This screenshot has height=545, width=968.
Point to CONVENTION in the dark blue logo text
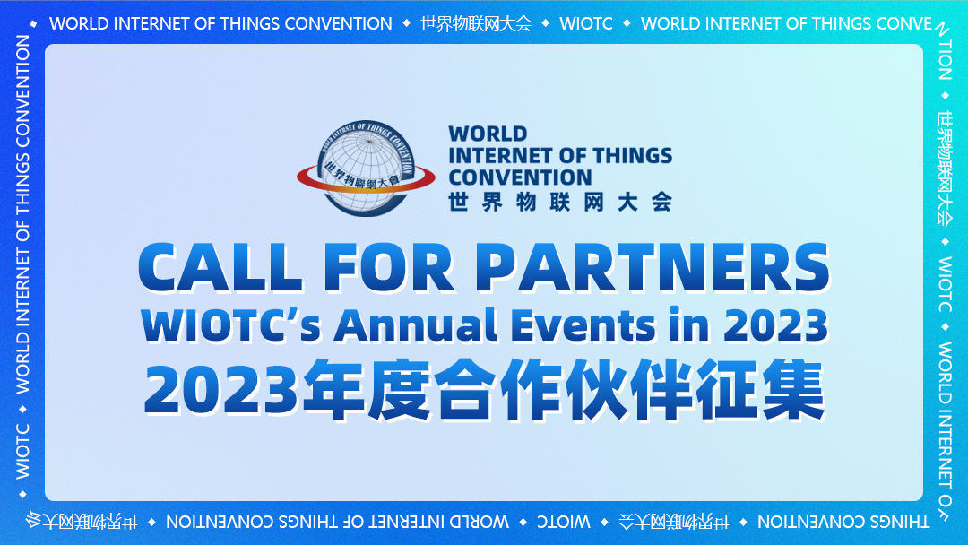coord(520,177)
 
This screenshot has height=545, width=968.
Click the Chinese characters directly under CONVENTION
coord(560,201)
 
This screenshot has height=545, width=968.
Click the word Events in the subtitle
coord(583,325)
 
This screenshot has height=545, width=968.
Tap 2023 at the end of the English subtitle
coord(776,325)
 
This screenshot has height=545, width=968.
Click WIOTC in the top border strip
coord(586,23)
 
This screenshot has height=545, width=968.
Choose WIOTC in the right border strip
coord(945,283)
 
